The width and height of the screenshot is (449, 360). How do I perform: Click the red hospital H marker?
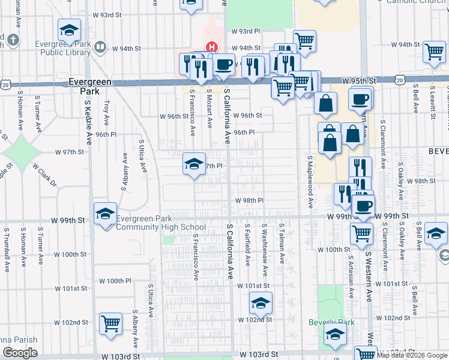[x=211, y=47]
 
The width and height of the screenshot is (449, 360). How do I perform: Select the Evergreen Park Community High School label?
[x=160, y=223]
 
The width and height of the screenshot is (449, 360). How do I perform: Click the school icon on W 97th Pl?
[x=194, y=164]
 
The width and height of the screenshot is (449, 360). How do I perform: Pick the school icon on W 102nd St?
[x=261, y=304]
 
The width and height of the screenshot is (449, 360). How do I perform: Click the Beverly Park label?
[x=331, y=322]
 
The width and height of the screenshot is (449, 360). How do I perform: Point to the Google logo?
[x=20, y=353]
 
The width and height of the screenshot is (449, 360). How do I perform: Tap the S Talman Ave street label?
[x=282, y=243]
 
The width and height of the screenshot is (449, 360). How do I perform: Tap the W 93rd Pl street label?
[x=246, y=31]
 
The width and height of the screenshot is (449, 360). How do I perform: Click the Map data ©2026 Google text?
[x=412, y=355]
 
